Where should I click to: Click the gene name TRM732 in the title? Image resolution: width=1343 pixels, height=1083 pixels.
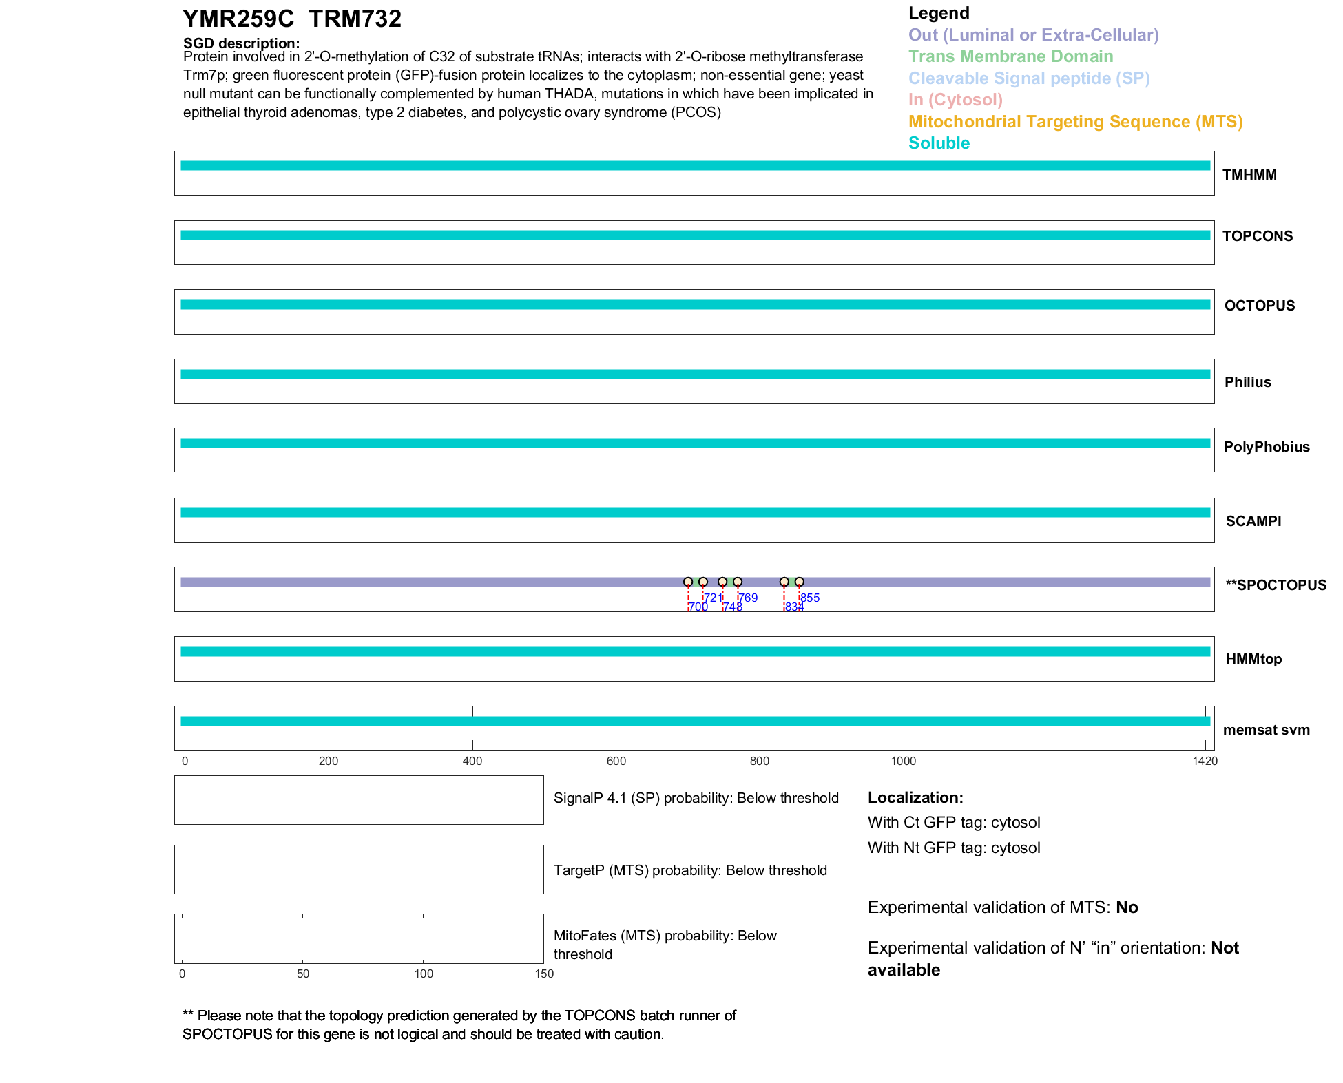(355, 19)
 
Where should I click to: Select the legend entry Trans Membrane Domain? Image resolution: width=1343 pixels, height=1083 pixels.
(1010, 56)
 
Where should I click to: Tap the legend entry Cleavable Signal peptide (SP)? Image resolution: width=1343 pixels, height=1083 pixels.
(1029, 78)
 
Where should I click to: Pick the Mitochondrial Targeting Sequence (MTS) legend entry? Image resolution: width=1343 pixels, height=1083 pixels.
(1075, 122)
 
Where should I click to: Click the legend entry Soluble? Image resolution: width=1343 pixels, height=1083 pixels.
(939, 143)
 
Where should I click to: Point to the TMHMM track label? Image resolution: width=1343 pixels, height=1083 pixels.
(1249, 175)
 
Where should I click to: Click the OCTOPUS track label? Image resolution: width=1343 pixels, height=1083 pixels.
(1259, 306)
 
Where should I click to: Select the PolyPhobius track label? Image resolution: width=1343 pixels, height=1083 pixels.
(1266, 447)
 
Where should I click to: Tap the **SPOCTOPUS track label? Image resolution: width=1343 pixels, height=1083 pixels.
(1276, 585)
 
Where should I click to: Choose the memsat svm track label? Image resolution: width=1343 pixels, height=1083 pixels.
(1266, 730)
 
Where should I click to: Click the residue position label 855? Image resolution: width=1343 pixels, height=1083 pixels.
(811, 598)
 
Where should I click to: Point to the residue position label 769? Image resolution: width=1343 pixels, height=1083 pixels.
(748, 598)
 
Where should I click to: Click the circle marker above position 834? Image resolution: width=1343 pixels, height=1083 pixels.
(784, 582)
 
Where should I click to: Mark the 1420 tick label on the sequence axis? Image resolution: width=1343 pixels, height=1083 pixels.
(1205, 761)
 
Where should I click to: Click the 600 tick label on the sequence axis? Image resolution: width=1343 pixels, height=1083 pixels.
(616, 761)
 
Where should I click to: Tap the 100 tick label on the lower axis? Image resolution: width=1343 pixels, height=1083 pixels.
(424, 974)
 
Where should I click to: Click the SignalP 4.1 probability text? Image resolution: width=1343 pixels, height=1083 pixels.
(696, 798)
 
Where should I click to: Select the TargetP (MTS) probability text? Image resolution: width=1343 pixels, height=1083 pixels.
(690, 870)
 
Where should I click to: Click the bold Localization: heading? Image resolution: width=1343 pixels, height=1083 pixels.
(915, 798)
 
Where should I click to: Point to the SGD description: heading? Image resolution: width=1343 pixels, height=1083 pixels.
(241, 43)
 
